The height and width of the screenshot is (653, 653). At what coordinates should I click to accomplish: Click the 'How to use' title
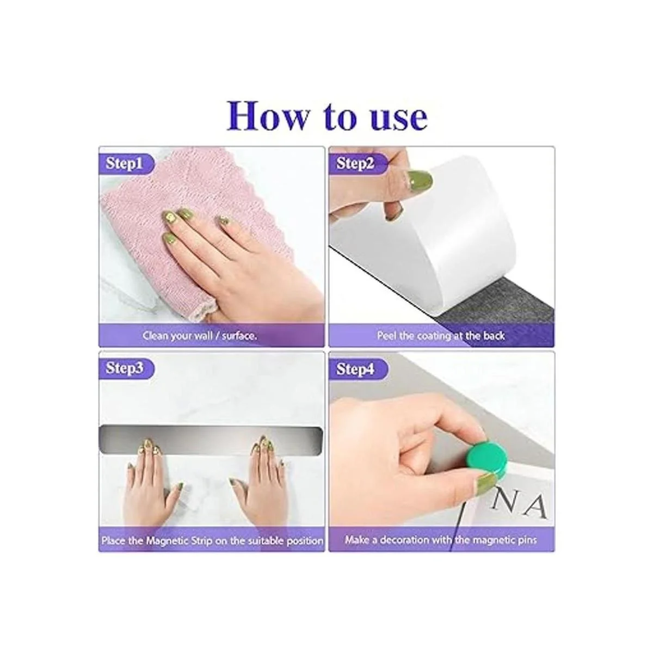point(327,116)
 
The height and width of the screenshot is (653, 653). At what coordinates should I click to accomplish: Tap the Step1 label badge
point(126,164)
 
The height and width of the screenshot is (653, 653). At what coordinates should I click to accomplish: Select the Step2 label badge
point(357,164)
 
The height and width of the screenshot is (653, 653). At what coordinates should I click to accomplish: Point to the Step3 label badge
point(126,368)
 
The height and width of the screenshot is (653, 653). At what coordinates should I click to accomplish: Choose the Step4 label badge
point(357,369)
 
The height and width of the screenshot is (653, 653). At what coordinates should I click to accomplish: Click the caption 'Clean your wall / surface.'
point(200,336)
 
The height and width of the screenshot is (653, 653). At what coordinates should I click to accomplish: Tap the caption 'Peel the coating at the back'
point(441,336)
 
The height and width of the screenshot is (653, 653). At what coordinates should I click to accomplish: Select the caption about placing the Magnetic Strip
point(212,540)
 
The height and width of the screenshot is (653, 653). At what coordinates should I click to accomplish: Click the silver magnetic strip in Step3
point(211,440)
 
